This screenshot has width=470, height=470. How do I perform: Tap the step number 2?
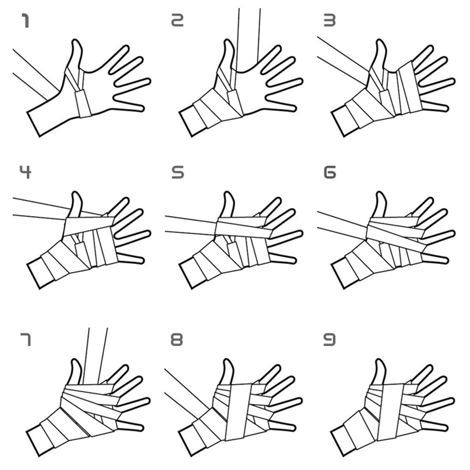click(177, 20)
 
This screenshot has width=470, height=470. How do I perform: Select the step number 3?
click(330, 20)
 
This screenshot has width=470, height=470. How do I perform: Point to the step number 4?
click(25, 172)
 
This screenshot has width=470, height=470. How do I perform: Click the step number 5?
click(177, 172)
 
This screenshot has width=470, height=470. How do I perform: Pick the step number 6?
click(330, 172)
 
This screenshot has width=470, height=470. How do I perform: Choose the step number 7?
click(25, 339)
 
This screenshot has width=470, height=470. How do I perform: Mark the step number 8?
click(177, 340)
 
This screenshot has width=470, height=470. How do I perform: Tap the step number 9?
click(330, 340)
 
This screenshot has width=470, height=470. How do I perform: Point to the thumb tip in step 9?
click(380, 360)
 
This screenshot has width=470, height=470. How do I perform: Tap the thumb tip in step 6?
click(380, 193)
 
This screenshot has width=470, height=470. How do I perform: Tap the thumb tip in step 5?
click(228, 193)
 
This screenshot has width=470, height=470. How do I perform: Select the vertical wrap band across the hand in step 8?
click(239, 411)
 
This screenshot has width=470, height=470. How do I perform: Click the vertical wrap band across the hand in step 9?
click(391, 411)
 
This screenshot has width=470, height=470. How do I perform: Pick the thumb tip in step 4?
click(76, 193)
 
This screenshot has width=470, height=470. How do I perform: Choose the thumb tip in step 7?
click(76, 360)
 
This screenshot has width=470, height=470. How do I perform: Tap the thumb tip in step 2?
click(228, 40)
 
